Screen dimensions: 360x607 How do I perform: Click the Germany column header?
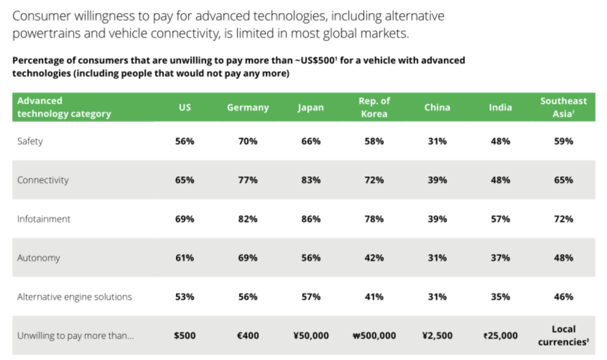point(248,107)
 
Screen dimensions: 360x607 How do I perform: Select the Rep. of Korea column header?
point(374,107)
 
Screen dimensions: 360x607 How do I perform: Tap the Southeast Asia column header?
point(563,107)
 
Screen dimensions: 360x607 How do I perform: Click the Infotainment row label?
point(44,219)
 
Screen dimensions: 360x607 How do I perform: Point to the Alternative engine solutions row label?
point(75,297)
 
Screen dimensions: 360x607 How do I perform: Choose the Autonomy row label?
point(39,258)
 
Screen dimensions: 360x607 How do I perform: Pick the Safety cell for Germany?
point(248,141)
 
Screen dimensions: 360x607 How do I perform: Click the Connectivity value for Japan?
point(311,180)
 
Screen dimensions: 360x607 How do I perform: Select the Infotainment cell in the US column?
point(185,219)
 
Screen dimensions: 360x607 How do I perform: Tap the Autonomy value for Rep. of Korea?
point(374,258)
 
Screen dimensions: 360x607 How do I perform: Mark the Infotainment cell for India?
point(500,219)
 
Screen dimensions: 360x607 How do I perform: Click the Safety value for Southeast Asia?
point(563,141)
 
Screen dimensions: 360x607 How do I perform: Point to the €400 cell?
point(248,336)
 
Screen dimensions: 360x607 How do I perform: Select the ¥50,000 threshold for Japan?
point(311,336)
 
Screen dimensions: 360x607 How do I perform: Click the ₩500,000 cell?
point(374,336)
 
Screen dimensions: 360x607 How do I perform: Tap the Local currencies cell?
point(563,335)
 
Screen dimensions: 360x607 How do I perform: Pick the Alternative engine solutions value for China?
point(437,297)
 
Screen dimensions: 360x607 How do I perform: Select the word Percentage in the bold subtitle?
point(38,61)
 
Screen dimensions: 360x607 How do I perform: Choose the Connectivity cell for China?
point(437,180)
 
